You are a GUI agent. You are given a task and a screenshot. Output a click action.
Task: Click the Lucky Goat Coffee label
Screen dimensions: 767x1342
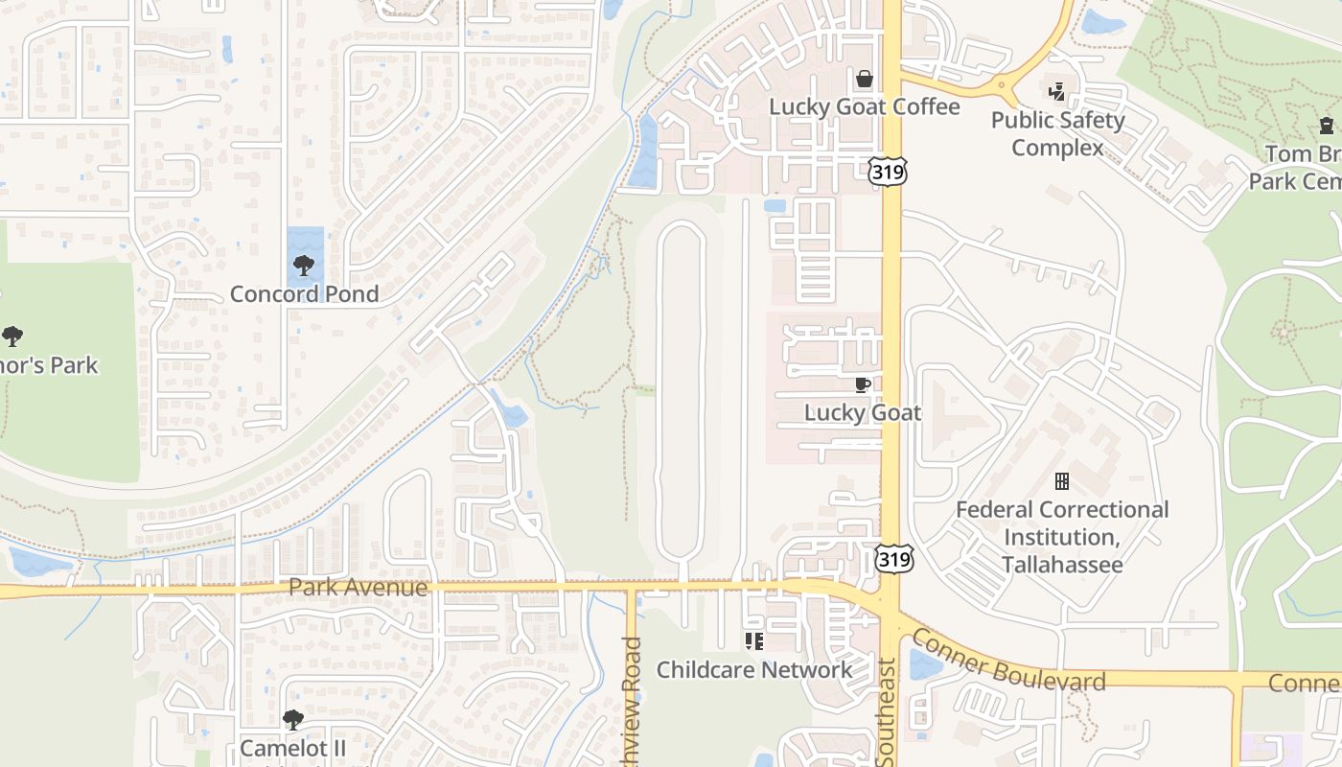(864, 106)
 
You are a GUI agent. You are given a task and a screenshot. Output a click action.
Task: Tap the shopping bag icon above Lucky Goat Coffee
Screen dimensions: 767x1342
(864, 79)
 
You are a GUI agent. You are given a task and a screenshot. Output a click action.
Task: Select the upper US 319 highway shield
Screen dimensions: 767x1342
(888, 172)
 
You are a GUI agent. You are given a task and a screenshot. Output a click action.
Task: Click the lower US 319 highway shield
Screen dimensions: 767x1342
(893, 558)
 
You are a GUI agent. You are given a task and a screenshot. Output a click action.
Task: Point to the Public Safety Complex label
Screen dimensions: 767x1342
(1057, 134)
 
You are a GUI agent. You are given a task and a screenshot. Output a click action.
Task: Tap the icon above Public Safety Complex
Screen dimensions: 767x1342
(1056, 93)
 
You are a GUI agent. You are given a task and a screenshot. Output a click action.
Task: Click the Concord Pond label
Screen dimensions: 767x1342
(305, 294)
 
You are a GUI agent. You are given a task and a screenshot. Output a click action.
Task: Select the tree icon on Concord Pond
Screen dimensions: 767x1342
(304, 266)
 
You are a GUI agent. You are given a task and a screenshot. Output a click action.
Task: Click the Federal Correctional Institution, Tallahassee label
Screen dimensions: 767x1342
(1062, 537)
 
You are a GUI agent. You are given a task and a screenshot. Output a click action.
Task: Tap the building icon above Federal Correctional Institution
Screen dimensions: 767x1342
(1062, 480)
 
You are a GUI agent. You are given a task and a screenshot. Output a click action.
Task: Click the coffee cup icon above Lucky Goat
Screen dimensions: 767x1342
(862, 384)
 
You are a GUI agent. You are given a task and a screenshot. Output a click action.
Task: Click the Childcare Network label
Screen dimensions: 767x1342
(753, 670)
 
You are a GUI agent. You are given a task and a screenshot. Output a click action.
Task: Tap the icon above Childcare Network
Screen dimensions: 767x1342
(753, 640)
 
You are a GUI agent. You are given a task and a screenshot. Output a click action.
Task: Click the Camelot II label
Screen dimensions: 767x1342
(293, 747)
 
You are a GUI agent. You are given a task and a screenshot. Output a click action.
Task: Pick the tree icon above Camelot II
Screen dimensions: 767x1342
(293, 719)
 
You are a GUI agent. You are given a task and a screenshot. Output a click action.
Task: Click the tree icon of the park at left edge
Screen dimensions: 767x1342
(12, 337)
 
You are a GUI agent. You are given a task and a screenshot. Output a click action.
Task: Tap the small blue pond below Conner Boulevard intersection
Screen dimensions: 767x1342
(924, 664)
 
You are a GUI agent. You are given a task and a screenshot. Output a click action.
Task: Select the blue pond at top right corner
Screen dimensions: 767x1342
(1103, 22)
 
